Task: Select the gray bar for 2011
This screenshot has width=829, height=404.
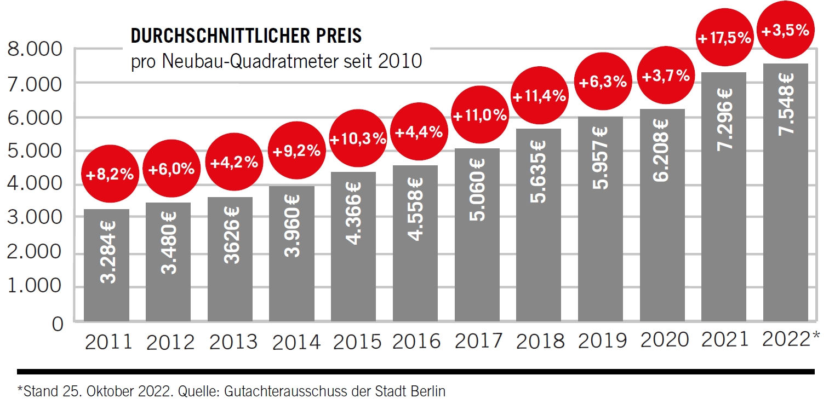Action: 106,265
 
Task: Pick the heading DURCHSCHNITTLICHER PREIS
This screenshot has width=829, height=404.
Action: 246,36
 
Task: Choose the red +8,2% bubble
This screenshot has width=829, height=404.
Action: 110,175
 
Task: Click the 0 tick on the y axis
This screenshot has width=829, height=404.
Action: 58,323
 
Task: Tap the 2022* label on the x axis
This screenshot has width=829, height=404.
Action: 791,339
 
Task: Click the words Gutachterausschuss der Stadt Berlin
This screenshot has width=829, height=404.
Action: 352,391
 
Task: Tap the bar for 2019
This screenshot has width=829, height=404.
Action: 601,219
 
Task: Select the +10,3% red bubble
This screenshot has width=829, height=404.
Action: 358,139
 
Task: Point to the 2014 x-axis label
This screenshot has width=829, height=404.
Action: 296,342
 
